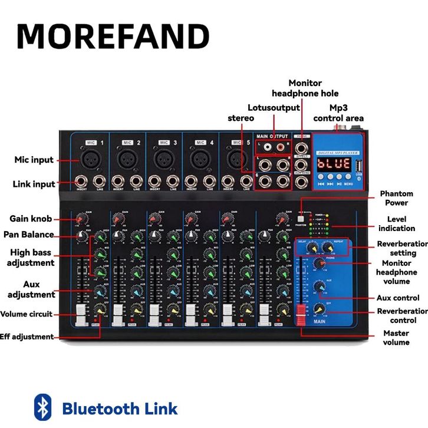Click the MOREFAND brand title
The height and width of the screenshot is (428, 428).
[x=113, y=37]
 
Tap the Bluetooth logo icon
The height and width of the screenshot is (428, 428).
[x=42, y=407]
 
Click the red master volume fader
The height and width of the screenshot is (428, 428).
[x=301, y=315]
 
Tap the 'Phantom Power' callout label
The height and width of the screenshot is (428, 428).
[x=396, y=198]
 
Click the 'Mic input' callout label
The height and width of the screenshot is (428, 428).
[x=34, y=160]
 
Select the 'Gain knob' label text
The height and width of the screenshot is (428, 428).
[x=32, y=219]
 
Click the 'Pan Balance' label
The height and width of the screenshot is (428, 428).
[x=31, y=235]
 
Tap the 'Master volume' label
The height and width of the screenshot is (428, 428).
[x=396, y=338]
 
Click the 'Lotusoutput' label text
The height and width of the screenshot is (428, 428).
[x=274, y=108]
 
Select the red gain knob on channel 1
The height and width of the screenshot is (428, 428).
[x=81, y=220]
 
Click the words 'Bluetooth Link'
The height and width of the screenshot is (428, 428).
[x=120, y=408]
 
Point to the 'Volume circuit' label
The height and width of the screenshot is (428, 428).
[x=27, y=314]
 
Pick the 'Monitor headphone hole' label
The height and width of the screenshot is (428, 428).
[x=305, y=88]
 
